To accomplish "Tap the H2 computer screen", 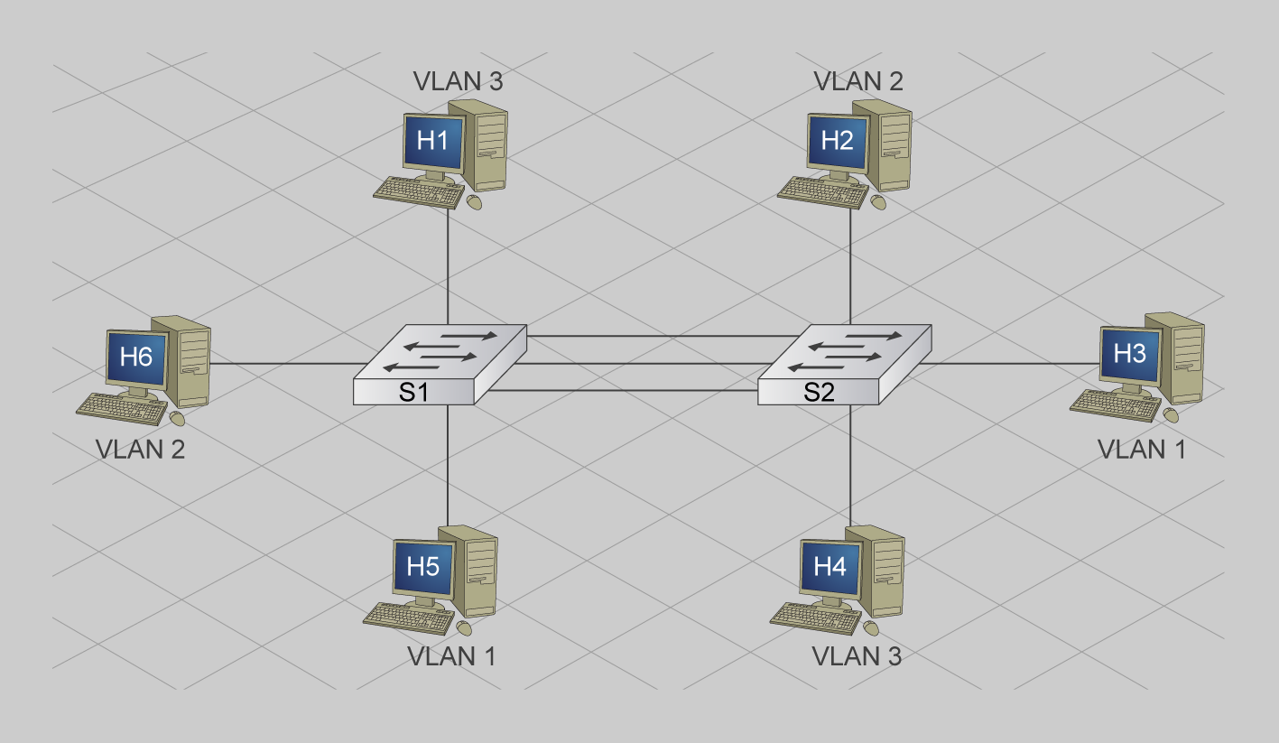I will coord(838,141).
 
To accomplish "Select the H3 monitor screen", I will coord(1129,354).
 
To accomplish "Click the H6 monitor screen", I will coord(136,357).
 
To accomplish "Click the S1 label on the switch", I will coord(413,392).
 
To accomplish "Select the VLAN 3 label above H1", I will coord(458,81).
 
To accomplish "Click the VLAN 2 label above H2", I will coord(858,81).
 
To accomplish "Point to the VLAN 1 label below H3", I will coord(1141,449).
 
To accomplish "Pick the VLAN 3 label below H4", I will coord(857,656).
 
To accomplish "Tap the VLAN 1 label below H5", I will coord(451,656).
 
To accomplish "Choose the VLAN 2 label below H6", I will coord(140,449).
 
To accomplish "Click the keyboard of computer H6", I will coord(122,409).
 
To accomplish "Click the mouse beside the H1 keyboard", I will coord(474,202).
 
